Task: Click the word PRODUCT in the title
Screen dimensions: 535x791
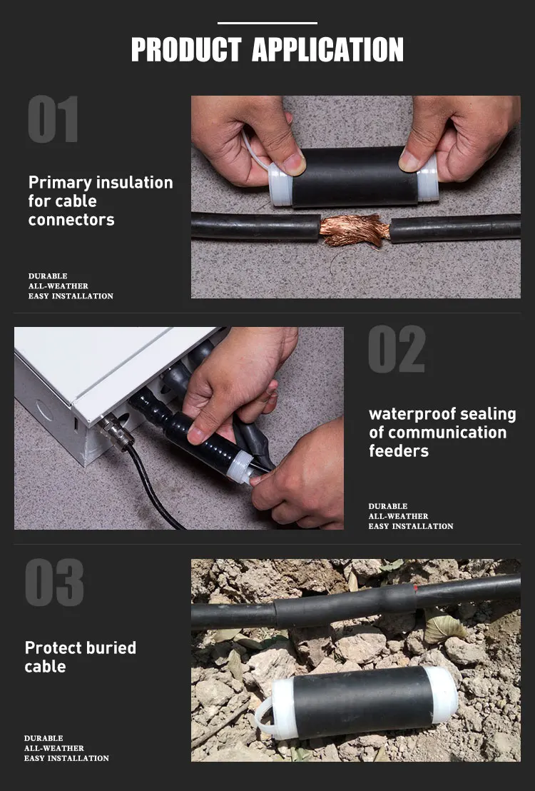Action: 185,49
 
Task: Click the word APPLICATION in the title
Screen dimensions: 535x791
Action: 327,49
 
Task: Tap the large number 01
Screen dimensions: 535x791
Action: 53,119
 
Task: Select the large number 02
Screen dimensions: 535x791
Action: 397,349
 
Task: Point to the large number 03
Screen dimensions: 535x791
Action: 54,582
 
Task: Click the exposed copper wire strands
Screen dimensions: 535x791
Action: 355,230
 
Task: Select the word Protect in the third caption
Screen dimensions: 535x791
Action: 53,648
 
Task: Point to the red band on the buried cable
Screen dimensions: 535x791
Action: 415,588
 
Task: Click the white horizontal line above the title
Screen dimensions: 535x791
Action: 267,24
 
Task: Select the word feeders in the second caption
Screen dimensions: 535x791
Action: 399,451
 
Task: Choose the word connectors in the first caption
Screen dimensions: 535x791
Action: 71,220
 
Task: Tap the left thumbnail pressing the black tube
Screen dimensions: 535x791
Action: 294,163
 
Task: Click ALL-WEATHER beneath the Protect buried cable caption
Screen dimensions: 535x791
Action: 54,748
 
